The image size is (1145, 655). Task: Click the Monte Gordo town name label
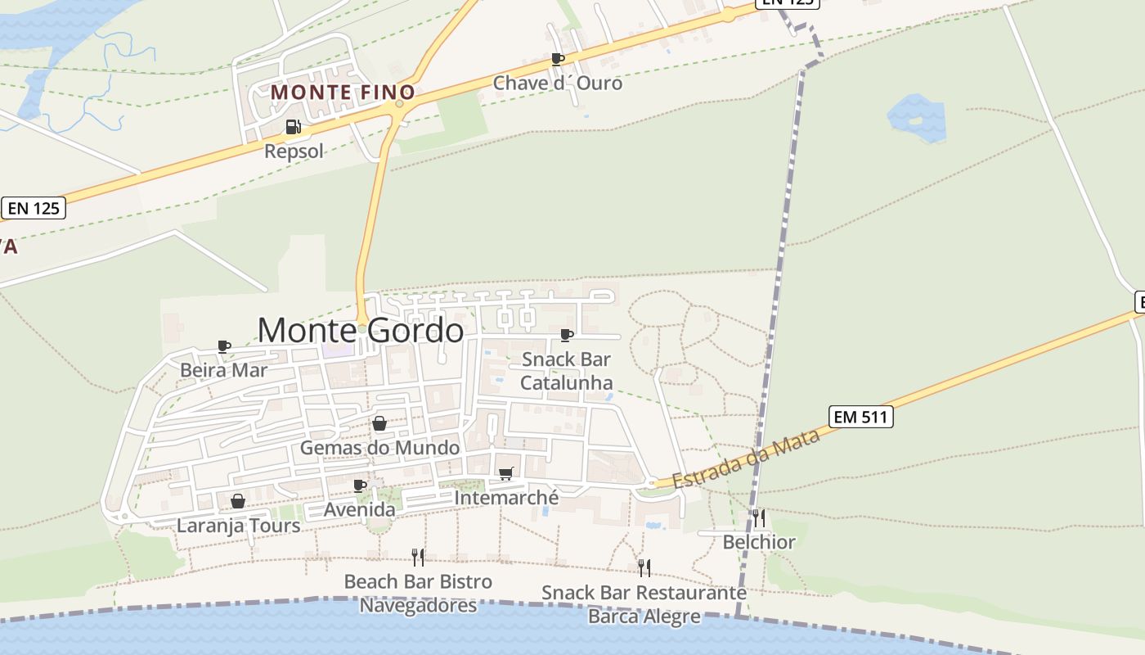pyautogui.click(x=361, y=331)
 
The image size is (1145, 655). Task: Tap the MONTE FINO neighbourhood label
pyautogui.click(x=343, y=93)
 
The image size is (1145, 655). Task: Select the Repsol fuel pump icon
pyautogui.click(x=293, y=127)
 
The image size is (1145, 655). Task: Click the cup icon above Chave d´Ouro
pyautogui.click(x=558, y=59)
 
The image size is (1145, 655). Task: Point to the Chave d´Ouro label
pyautogui.click(x=557, y=83)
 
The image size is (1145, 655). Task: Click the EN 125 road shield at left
pyautogui.click(x=34, y=208)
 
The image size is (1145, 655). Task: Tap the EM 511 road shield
pyautogui.click(x=860, y=417)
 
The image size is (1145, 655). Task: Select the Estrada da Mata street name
pyautogui.click(x=746, y=461)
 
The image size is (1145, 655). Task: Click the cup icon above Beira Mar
pyautogui.click(x=224, y=346)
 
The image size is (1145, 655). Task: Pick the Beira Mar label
pyautogui.click(x=223, y=370)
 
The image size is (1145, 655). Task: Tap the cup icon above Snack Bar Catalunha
pyautogui.click(x=566, y=335)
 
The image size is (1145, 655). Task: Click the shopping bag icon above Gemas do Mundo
pyautogui.click(x=379, y=423)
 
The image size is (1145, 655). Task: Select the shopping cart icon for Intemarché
pyautogui.click(x=506, y=474)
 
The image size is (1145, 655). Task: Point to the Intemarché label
pyautogui.click(x=506, y=497)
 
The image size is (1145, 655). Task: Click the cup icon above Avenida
pyautogui.click(x=360, y=486)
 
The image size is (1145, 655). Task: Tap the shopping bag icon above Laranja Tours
pyautogui.click(x=238, y=501)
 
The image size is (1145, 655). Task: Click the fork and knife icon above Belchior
pyautogui.click(x=759, y=517)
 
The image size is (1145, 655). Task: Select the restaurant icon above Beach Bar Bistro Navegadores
pyautogui.click(x=418, y=558)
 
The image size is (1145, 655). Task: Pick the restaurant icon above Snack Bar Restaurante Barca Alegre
pyautogui.click(x=644, y=567)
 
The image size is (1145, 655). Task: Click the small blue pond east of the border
pyautogui.click(x=917, y=118)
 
